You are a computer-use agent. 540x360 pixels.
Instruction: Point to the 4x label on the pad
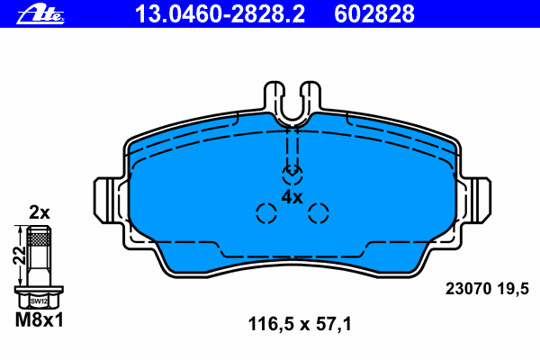(292, 195)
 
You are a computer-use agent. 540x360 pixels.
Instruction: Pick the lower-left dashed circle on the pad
(265, 213)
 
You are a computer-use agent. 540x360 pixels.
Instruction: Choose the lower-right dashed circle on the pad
(319, 213)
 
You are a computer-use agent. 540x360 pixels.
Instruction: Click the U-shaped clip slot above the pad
(292, 103)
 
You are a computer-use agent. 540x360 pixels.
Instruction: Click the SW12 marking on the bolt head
(38, 301)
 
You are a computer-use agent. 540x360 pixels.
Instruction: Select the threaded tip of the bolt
(38, 237)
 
